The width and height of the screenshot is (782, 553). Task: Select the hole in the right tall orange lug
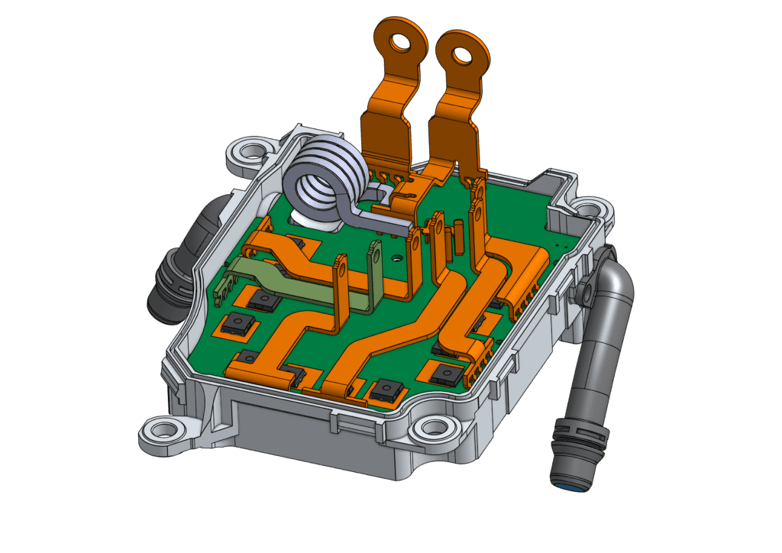(x=461, y=55)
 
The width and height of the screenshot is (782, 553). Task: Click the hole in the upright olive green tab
(x=375, y=249)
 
